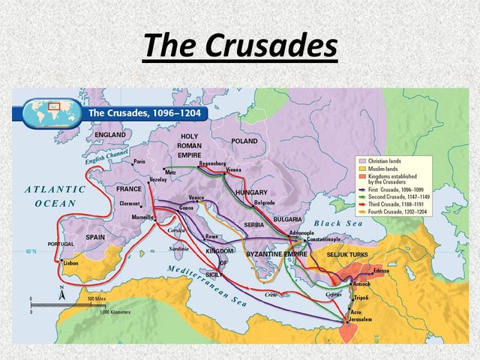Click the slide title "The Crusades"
[x=240, y=46]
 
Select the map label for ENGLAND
[x=110, y=135]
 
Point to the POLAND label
[x=244, y=141]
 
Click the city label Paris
[x=139, y=161]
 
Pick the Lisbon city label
[x=71, y=264]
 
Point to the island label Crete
[x=271, y=295]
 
